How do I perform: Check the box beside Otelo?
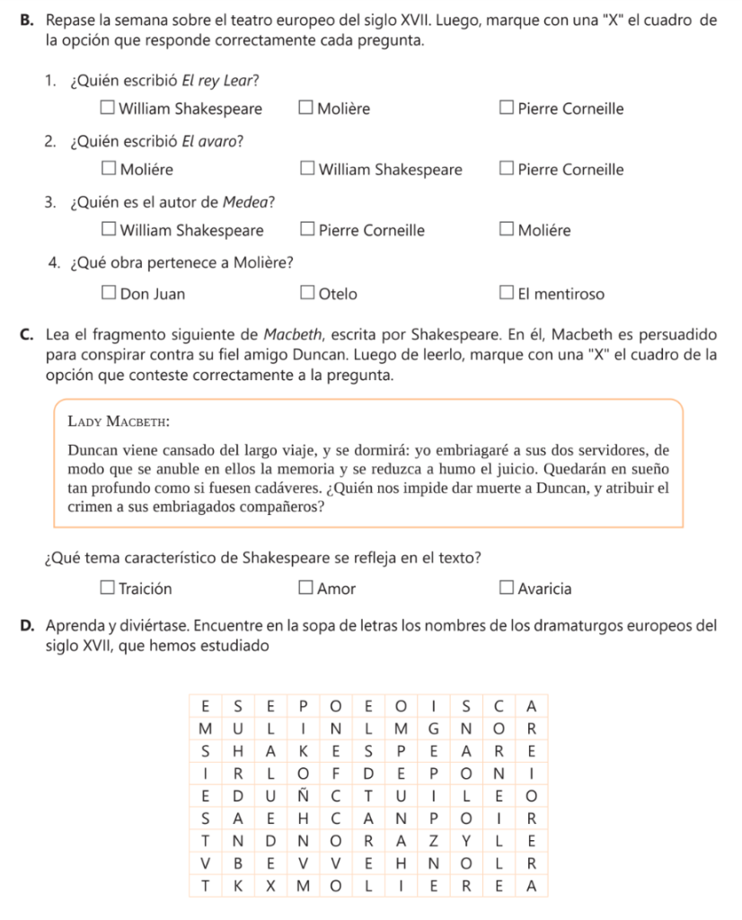[307, 293]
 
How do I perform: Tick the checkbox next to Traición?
[108, 588]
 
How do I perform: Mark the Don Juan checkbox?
[108, 293]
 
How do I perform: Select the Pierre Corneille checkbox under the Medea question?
[307, 230]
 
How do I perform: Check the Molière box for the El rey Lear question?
[307, 109]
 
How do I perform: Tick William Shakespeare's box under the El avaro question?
[307, 169]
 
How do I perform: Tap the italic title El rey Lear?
[220, 79]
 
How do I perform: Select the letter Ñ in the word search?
[303, 796]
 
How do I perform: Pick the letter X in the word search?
[270, 888]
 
